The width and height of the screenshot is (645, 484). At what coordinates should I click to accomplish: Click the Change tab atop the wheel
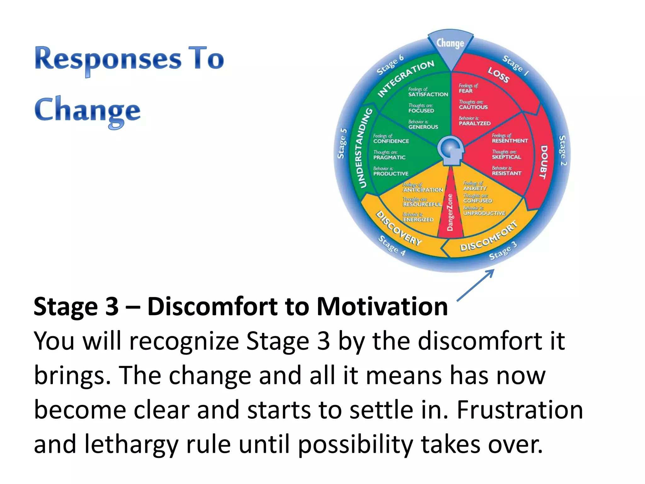pos(450,44)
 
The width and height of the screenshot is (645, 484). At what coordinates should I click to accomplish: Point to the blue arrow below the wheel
pos(476,285)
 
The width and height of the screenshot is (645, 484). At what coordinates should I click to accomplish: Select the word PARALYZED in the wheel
pos(475,124)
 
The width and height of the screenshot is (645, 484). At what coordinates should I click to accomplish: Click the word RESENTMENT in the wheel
pos(510,141)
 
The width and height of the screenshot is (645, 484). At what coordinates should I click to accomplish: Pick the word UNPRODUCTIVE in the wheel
pos(484,214)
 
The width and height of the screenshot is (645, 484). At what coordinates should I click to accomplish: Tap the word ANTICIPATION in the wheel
pos(423,190)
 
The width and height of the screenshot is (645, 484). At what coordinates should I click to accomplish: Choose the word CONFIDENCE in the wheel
pos(391,141)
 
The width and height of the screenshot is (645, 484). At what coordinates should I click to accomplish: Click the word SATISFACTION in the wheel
pos(428,95)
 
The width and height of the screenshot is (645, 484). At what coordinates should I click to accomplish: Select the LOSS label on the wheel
pos(498,75)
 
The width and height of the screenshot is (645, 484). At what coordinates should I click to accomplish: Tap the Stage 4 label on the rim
pos(392,245)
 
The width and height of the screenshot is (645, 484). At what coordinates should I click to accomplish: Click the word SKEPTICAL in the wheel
pos(506,157)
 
